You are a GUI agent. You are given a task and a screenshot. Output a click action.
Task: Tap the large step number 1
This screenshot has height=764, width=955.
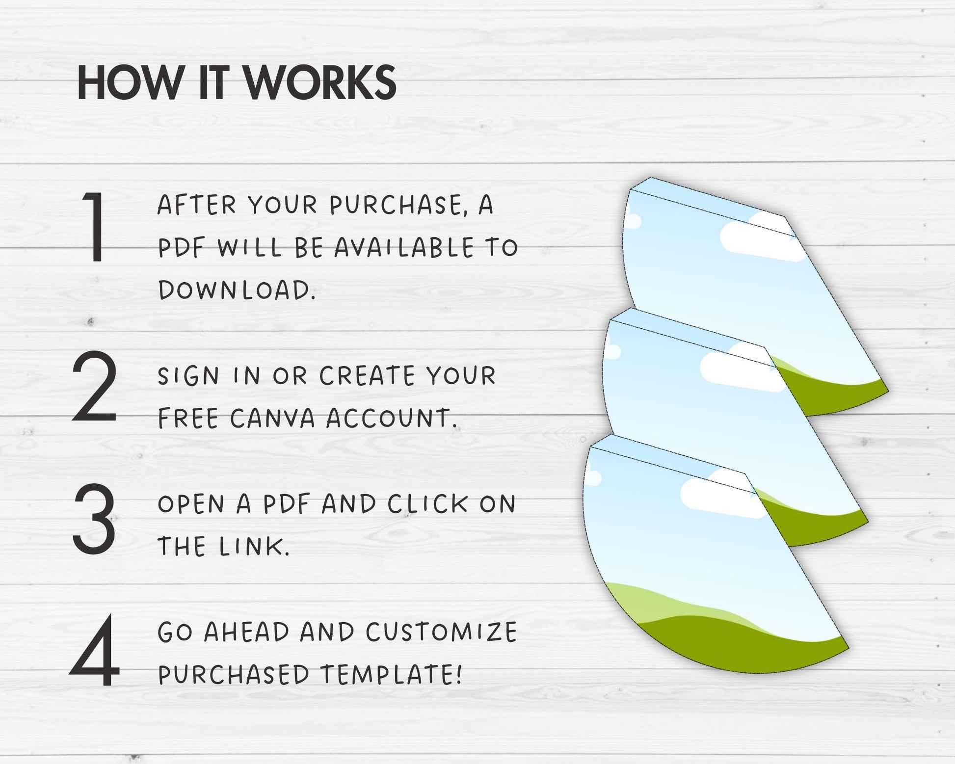[x=95, y=227]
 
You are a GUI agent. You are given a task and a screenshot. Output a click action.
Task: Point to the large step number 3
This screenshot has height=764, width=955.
[x=94, y=519]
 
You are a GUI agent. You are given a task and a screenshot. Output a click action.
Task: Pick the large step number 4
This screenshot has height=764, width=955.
[x=95, y=650]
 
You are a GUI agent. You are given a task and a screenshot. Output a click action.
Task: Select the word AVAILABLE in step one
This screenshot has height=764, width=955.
[x=404, y=247]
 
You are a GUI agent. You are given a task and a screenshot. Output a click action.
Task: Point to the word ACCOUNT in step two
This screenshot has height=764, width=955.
[x=391, y=419]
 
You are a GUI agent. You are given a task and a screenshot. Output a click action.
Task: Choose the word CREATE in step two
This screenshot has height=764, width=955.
[x=367, y=376]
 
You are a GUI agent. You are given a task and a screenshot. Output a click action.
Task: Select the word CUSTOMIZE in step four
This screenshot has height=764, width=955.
[x=441, y=632]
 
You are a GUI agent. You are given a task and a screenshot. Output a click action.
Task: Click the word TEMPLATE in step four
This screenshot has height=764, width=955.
[x=391, y=674]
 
